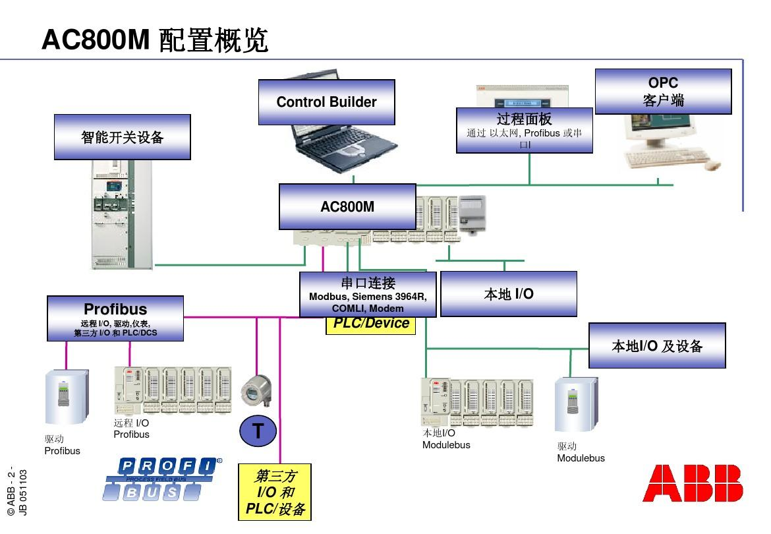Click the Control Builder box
(326, 102)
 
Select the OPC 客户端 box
(663, 92)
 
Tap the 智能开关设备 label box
(122, 137)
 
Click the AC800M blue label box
(347, 206)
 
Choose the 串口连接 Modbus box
(368, 295)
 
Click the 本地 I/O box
(508, 294)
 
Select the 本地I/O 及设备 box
(657, 345)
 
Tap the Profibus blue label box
(115, 318)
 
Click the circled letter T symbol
(258, 431)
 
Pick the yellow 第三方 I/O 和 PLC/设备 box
(275, 492)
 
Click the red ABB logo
(693, 483)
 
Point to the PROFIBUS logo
(162, 479)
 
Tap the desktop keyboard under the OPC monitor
(666, 158)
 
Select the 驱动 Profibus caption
(62, 445)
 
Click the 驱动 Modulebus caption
(581, 452)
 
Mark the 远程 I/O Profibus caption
(132, 429)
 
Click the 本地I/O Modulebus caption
(446, 439)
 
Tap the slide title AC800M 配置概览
(155, 40)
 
